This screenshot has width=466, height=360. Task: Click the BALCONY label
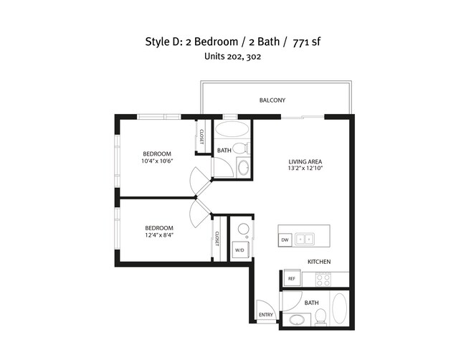[x=274, y=100]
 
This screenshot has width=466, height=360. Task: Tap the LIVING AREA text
[x=304, y=161]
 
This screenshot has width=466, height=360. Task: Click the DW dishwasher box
[x=285, y=240]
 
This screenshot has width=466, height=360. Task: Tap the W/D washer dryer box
[x=239, y=251]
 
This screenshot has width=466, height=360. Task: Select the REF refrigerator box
[x=292, y=279]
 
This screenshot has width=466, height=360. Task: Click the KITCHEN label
[x=319, y=262]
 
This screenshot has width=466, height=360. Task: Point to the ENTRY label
[x=266, y=315]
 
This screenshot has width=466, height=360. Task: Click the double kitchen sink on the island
[x=305, y=240]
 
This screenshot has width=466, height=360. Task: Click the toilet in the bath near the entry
[x=320, y=316]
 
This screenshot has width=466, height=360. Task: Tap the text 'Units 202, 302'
[x=232, y=57]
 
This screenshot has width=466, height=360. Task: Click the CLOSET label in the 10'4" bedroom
[x=201, y=136]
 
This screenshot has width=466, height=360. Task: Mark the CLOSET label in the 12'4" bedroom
[x=216, y=239]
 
